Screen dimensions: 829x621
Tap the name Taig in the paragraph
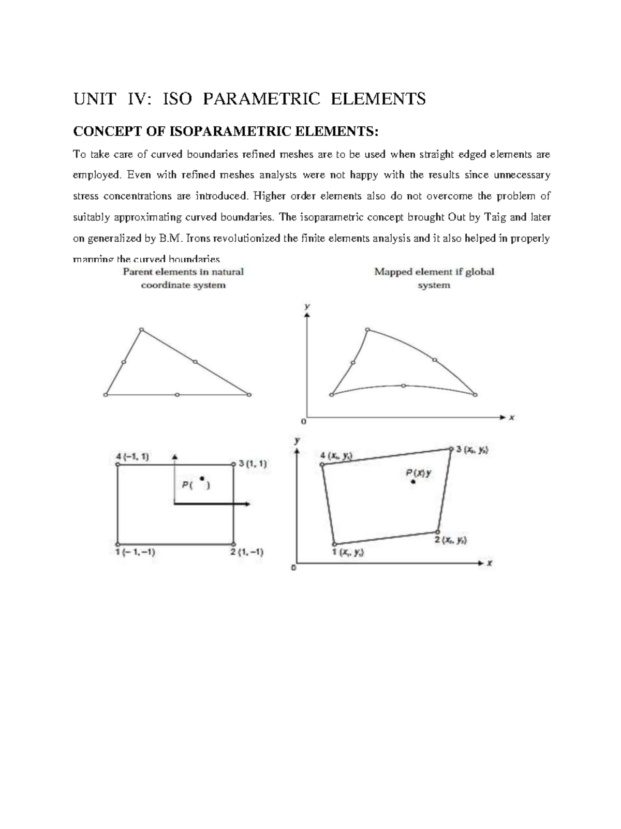(x=495, y=217)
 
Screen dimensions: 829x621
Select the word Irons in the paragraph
(x=197, y=239)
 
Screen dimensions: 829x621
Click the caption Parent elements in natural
(x=183, y=272)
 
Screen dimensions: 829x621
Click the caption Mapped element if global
(x=434, y=272)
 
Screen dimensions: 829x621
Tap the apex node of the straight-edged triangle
(x=142, y=330)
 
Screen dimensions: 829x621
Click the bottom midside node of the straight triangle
(x=177, y=395)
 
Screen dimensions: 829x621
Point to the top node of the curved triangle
(x=367, y=329)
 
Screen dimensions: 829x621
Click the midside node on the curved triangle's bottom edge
(x=404, y=386)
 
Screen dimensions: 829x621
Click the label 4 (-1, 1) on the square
(x=132, y=456)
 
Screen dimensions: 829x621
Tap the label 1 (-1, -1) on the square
(x=135, y=552)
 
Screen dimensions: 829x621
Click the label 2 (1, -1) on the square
(x=247, y=552)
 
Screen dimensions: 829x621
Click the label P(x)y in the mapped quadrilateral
(x=418, y=472)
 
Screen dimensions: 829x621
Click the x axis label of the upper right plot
(x=511, y=417)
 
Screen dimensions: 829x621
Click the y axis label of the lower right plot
(x=297, y=440)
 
